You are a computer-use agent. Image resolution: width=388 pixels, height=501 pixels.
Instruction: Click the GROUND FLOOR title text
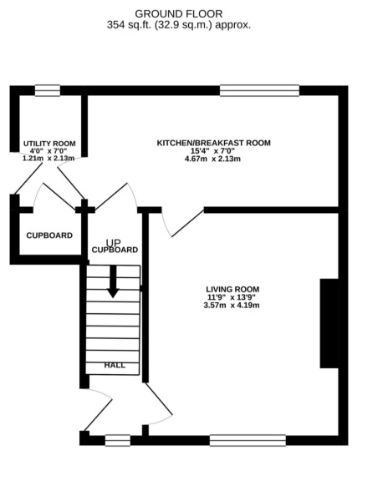(179, 13)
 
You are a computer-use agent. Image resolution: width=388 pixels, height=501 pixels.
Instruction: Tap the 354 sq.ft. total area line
(179, 25)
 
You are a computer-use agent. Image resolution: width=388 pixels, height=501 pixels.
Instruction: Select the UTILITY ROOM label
(48, 144)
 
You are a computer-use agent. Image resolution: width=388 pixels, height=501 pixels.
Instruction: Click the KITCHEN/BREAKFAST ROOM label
(214, 143)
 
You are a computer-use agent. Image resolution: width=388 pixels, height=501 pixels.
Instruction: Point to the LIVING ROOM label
(232, 288)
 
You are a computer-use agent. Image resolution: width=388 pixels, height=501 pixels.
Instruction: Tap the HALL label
(115, 366)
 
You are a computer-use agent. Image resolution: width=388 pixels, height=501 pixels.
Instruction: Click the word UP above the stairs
(113, 242)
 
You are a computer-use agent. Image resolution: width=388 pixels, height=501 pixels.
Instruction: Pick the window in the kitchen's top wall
(259, 90)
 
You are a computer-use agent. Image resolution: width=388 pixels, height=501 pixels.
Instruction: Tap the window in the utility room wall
(47, 90)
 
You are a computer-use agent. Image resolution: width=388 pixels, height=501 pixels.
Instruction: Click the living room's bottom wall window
(247, 440)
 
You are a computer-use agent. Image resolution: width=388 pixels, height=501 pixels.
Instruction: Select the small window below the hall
(118, 440)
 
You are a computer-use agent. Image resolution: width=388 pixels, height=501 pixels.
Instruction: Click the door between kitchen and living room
(180, 222)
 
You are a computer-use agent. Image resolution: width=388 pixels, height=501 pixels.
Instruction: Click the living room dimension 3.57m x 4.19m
(232, 306)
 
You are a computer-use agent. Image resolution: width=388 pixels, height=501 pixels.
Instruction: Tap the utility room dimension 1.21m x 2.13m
(48, 158)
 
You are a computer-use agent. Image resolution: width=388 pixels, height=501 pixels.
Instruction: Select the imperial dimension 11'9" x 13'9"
(232, 297)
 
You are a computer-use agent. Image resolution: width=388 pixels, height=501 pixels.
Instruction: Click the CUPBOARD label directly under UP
(115, 250)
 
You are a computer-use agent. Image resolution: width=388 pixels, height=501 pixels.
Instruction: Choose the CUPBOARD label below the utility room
(48, 235)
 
